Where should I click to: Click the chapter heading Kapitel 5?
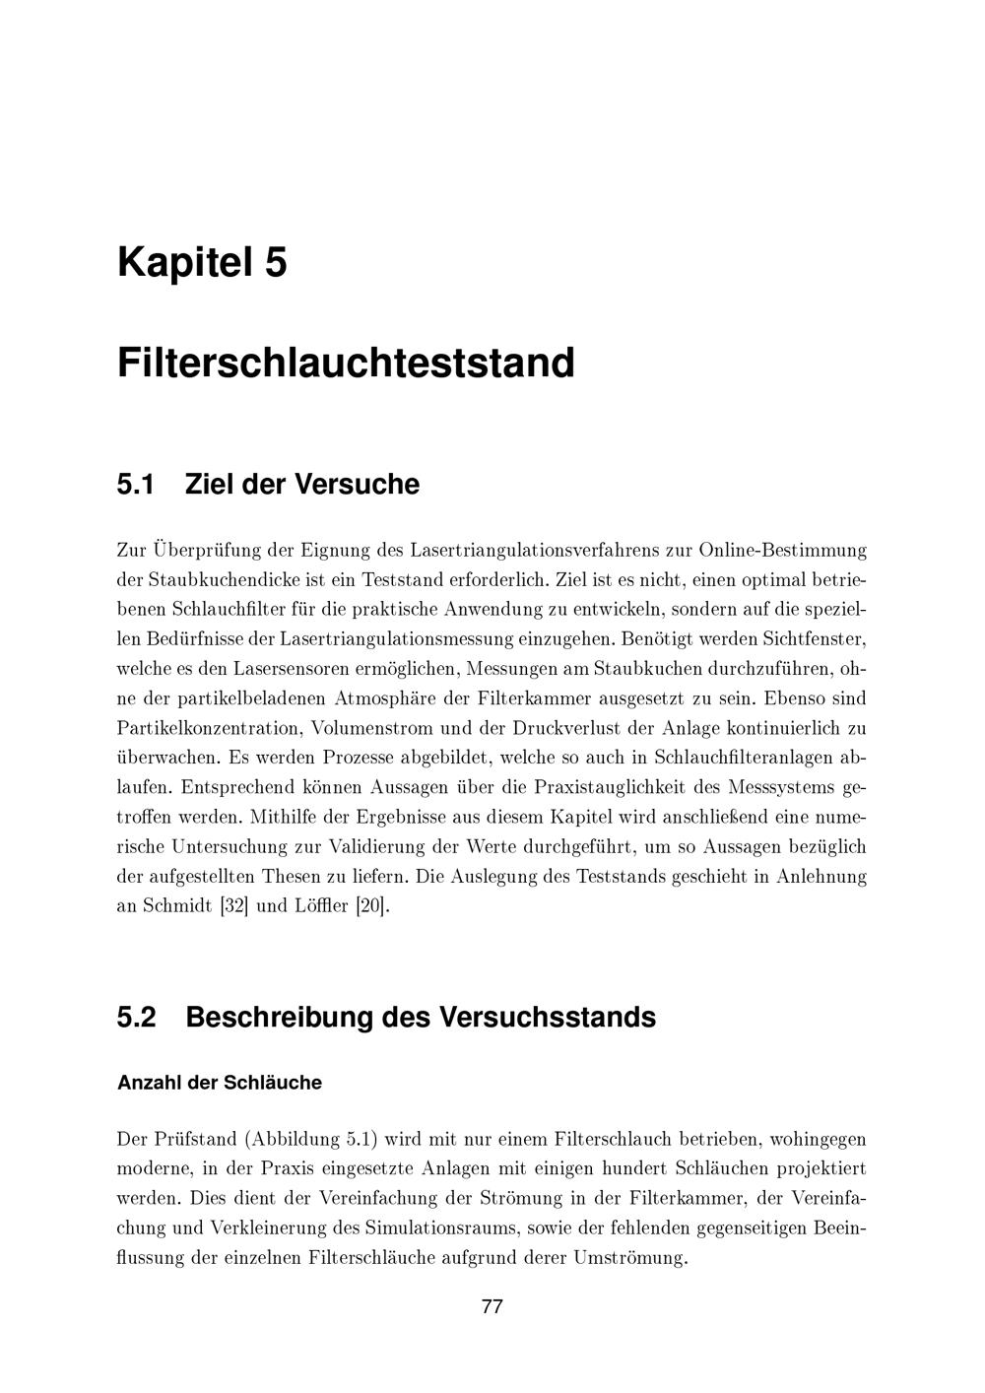point(202,263)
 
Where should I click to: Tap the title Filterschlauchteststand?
point(346,363)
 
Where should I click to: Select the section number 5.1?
point(137,485)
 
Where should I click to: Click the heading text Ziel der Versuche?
point(301,485)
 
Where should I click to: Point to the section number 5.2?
point(137,1017)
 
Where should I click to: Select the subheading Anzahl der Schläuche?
point(219,1083)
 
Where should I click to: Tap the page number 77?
point(492,1307)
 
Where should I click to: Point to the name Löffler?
point(317,905)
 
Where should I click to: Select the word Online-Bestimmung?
point(783,549)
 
